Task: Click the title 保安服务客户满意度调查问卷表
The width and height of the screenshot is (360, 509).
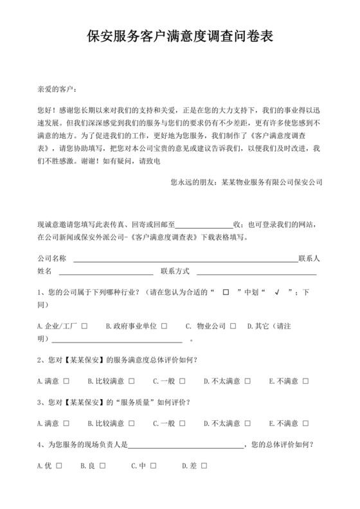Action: click(x=180, y=37)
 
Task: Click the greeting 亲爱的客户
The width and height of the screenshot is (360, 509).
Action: click(x=57, y=88)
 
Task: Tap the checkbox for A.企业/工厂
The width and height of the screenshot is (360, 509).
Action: click(x=85, y=326)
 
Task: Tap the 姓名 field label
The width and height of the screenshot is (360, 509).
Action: click(x=44, y=271)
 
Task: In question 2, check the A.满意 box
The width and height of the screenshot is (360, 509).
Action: click(x=66, y=380)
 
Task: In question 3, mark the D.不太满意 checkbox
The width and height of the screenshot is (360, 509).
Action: click(x=246, y=424)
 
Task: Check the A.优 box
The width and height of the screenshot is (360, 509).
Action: click(x=58, y=465)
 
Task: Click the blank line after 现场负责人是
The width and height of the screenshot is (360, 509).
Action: click(x=187, y=445)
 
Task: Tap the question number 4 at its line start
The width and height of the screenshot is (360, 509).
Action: click(x=40, y=444)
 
